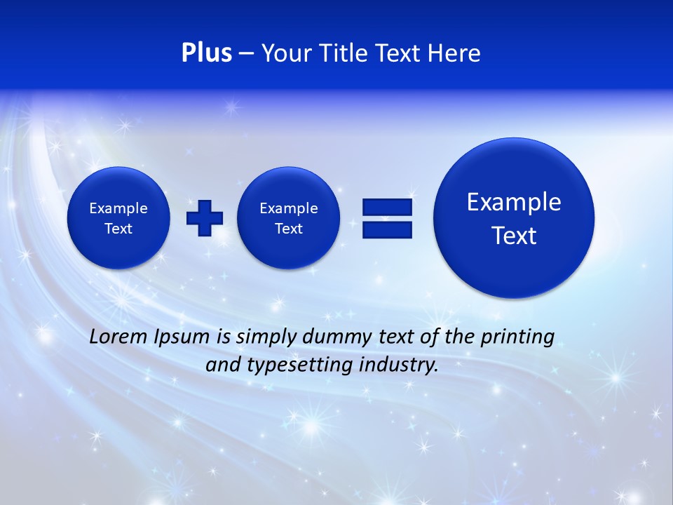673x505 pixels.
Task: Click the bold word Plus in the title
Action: click(206, 53)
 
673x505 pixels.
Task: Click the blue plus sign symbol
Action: click(205, 218)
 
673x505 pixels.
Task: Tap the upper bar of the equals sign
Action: click(387, 207)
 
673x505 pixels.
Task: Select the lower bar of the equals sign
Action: click(387, 229)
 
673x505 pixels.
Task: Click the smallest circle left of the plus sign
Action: click(118, 218)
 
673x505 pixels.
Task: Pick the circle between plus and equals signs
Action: click(289, 218)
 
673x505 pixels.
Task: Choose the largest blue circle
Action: click(514, 218)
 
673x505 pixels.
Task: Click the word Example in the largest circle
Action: click(514, 202)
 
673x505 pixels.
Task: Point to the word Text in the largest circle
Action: click(514, 236)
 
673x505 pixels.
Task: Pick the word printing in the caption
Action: click(519, 337)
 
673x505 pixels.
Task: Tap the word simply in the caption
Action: click(266, 337)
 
